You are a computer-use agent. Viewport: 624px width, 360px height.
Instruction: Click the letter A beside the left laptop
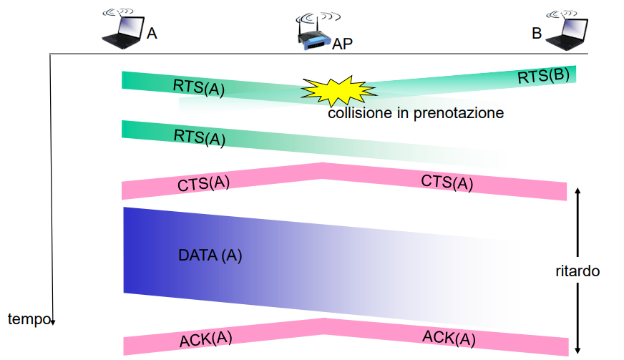pos(152,34)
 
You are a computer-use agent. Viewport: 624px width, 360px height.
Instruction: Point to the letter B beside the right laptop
pos(537,34)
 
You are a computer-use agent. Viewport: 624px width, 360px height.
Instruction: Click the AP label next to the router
pos(342,44)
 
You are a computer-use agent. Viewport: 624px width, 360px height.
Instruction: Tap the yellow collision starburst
pos(338,90)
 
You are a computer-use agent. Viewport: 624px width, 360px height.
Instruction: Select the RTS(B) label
pos(543,76)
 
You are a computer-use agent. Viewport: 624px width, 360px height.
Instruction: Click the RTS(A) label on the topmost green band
pos(199,87)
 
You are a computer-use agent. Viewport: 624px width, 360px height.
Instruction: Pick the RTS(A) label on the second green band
pos(200,138)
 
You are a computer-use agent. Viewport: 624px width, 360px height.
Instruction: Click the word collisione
pos(360,113)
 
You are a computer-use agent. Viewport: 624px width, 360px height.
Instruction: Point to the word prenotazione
pos(459,114)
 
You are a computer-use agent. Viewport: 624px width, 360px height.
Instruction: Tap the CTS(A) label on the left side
pos(203,184)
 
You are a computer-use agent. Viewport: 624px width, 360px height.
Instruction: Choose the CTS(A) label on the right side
pos(447,183)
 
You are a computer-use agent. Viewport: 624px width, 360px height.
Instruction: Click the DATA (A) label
pos(210,256)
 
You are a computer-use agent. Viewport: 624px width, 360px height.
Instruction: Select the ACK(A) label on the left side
pos(206,339)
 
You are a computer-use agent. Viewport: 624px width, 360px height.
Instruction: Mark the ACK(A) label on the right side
pos(449,338)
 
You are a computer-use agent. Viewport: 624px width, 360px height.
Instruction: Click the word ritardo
pos(577,271)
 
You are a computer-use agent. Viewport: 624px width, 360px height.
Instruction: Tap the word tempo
pos(29,319)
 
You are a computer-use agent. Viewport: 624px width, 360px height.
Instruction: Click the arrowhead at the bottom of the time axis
pos(53,322)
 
